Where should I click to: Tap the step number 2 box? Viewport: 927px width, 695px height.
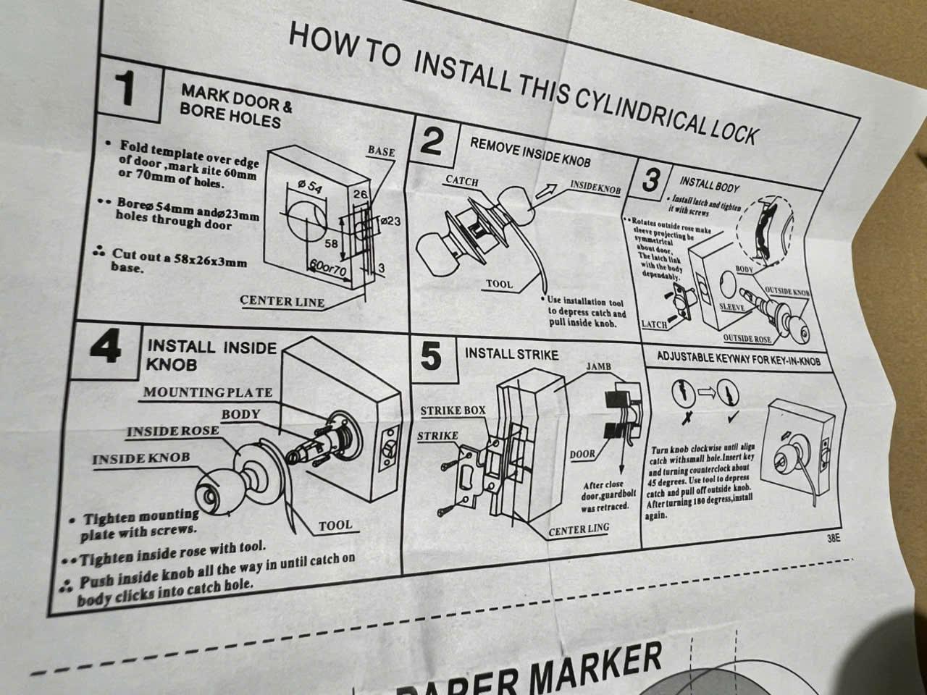tap(432, 143)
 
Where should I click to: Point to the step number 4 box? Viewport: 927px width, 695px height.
tap(109, 349)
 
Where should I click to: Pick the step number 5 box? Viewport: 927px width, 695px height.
tap(431, 357)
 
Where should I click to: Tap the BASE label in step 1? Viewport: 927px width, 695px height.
tap(381, 151)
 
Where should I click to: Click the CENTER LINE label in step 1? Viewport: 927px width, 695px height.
tap(282, 301)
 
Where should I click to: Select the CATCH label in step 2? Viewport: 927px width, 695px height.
tap(461, 181)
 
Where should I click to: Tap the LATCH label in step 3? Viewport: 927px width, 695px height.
tap(655, 324)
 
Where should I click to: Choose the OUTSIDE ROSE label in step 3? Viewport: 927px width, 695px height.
tap(747, 339)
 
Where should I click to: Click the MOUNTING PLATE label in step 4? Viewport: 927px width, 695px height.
tap(208, 392)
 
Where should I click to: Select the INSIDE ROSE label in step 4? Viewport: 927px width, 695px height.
tap(172, 431)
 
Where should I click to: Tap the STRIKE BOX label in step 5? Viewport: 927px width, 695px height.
tap(453, 410)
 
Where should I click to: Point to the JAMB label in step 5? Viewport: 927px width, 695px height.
tap(599, 366)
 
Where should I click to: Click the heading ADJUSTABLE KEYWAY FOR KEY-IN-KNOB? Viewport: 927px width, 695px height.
tap(739, 358)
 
